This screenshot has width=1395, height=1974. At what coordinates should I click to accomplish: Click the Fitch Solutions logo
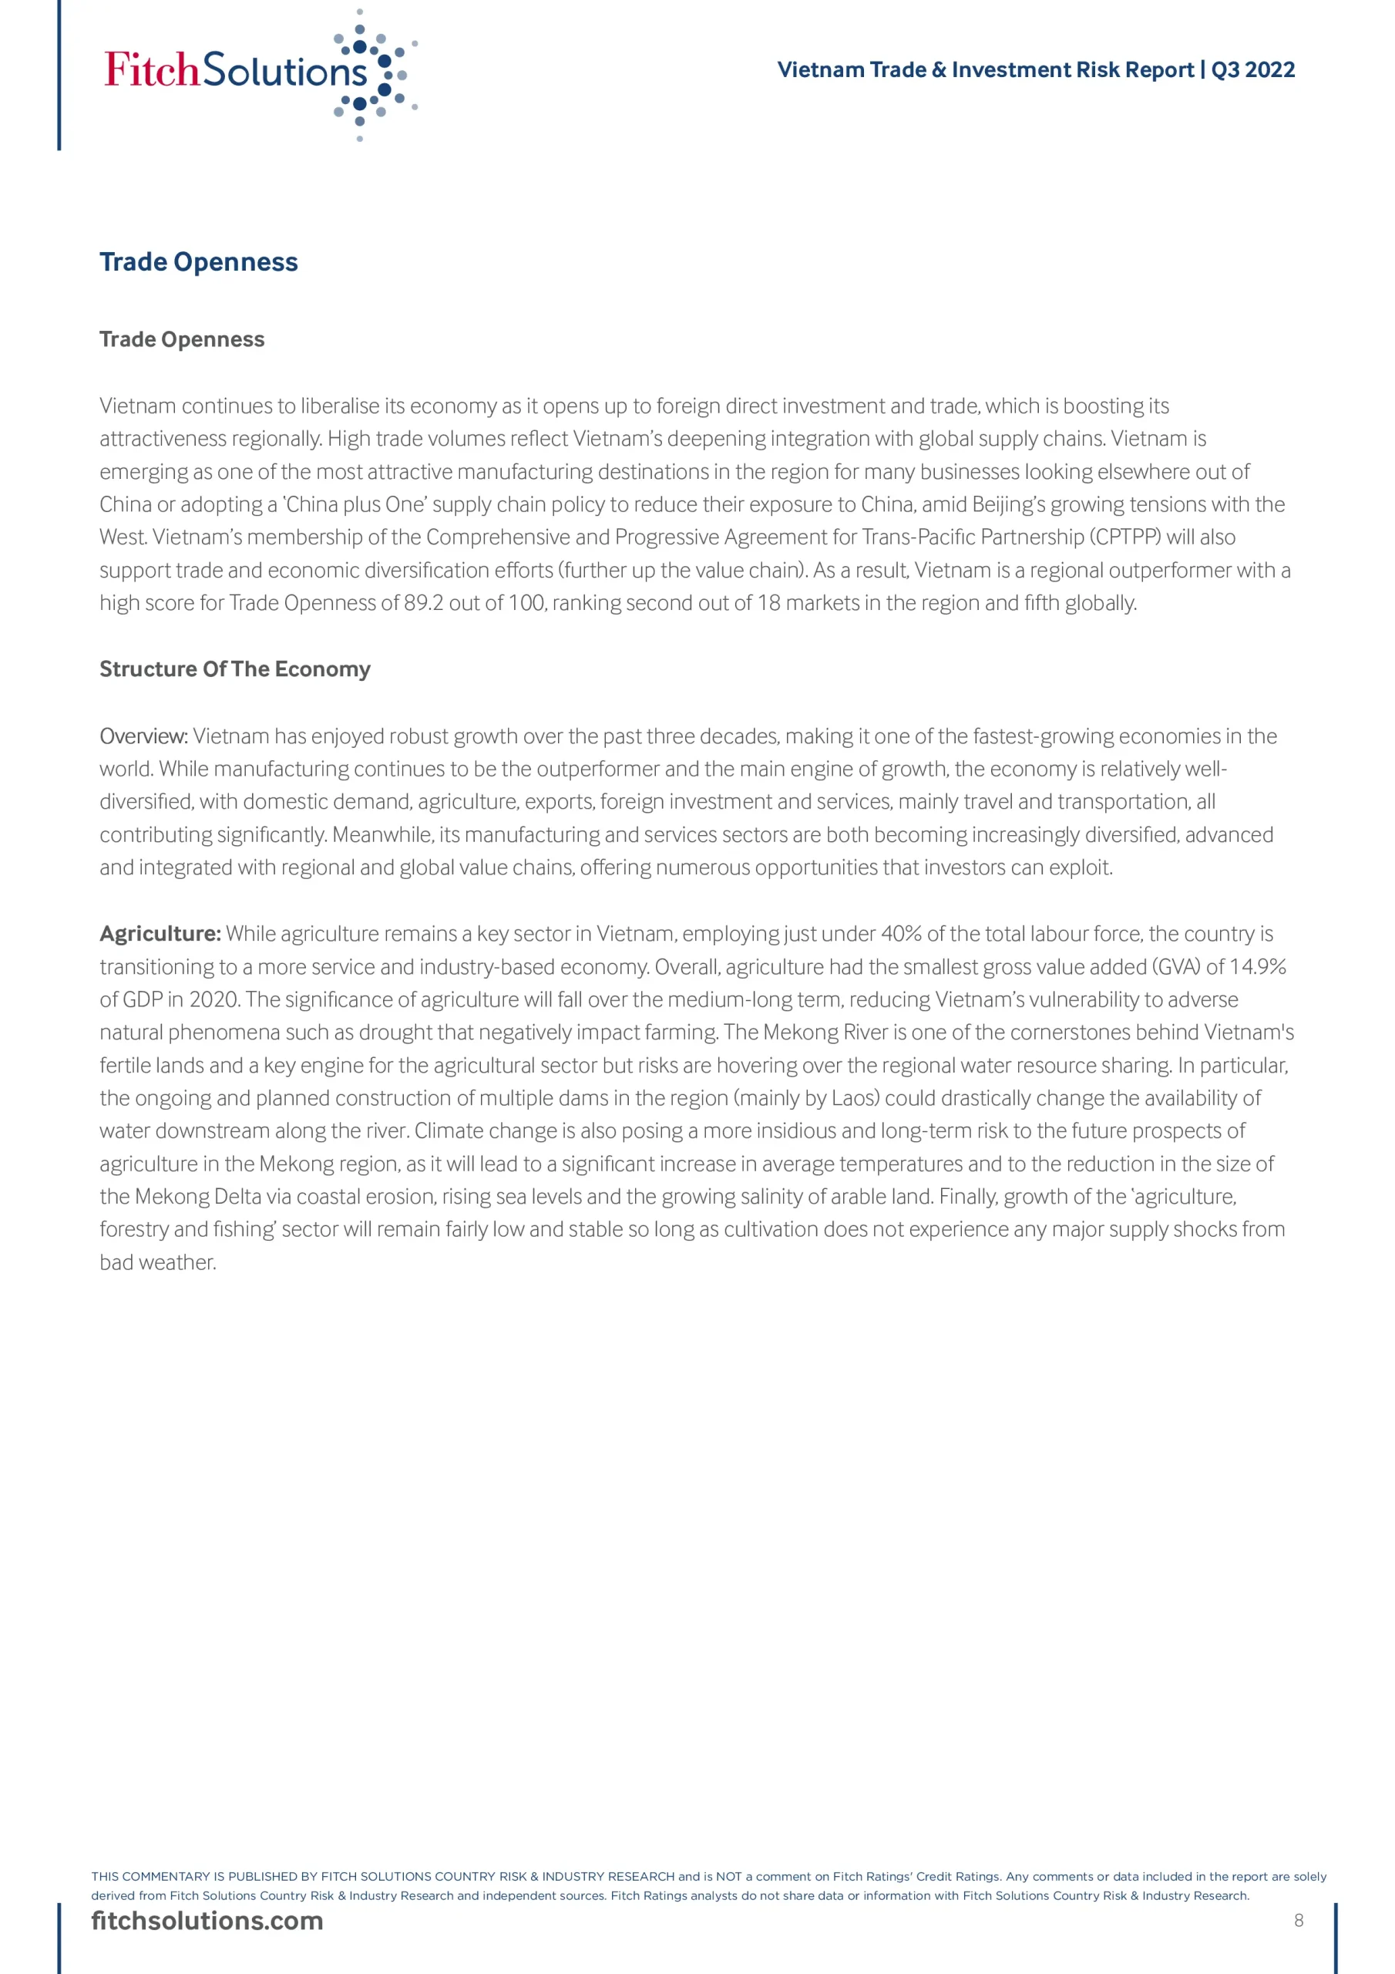click(258, 73)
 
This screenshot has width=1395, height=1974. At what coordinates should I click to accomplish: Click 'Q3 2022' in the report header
click(1252, 69)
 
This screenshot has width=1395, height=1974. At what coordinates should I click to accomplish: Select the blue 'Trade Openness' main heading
click(199, 262)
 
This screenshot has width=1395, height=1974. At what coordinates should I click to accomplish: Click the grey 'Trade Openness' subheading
click(182, 339)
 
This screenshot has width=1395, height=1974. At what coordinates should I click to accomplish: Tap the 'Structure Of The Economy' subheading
click(234, 669)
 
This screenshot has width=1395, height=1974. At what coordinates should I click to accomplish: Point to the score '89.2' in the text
click(424, 604)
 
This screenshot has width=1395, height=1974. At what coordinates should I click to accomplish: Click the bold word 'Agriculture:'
click(160, 935)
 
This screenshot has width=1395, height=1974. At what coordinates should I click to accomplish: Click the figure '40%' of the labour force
click(900, 935)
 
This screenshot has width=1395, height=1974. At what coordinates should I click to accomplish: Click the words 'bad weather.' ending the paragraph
click(158, 1263)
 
